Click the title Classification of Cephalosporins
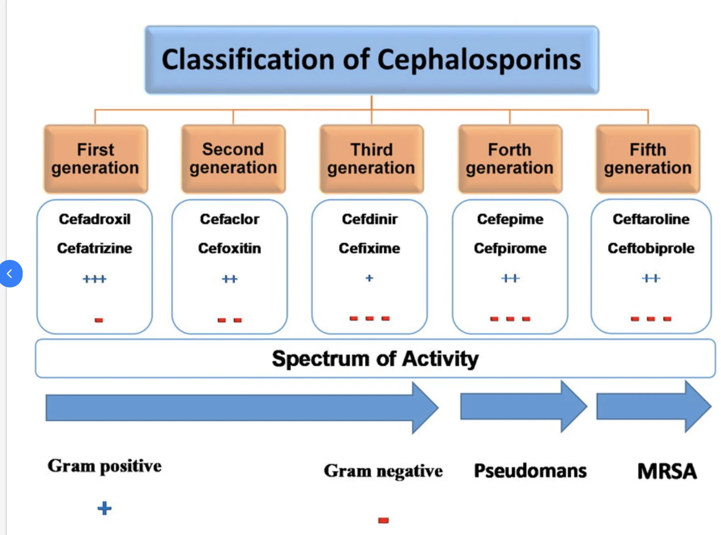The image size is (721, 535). coord(371,60)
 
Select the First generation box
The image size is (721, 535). coord(95,158)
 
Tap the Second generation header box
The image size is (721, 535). coord(233,158)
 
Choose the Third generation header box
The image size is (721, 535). coord(371,158)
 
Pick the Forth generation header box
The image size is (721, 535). coord(510,158)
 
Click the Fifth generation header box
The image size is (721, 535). coord(648,158)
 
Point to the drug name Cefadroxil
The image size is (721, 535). coord(94,219)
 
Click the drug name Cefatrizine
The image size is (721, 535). coord(94,248)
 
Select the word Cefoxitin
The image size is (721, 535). coord(229,248)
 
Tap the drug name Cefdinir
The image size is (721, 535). coord(369,219)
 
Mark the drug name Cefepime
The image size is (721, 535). coord(510,219)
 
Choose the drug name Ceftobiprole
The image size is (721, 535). coord(651,248)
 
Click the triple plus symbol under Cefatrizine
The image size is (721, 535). coord(94,279)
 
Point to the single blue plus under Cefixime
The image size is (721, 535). coord(369,278)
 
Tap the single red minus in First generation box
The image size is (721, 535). coord(99,320)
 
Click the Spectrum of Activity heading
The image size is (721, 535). coord(375,358)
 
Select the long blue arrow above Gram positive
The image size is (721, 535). coord(241,408)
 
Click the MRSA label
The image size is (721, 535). coord(667,471)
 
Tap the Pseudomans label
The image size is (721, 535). coord(530,471)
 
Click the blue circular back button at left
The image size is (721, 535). coord(10,274)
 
